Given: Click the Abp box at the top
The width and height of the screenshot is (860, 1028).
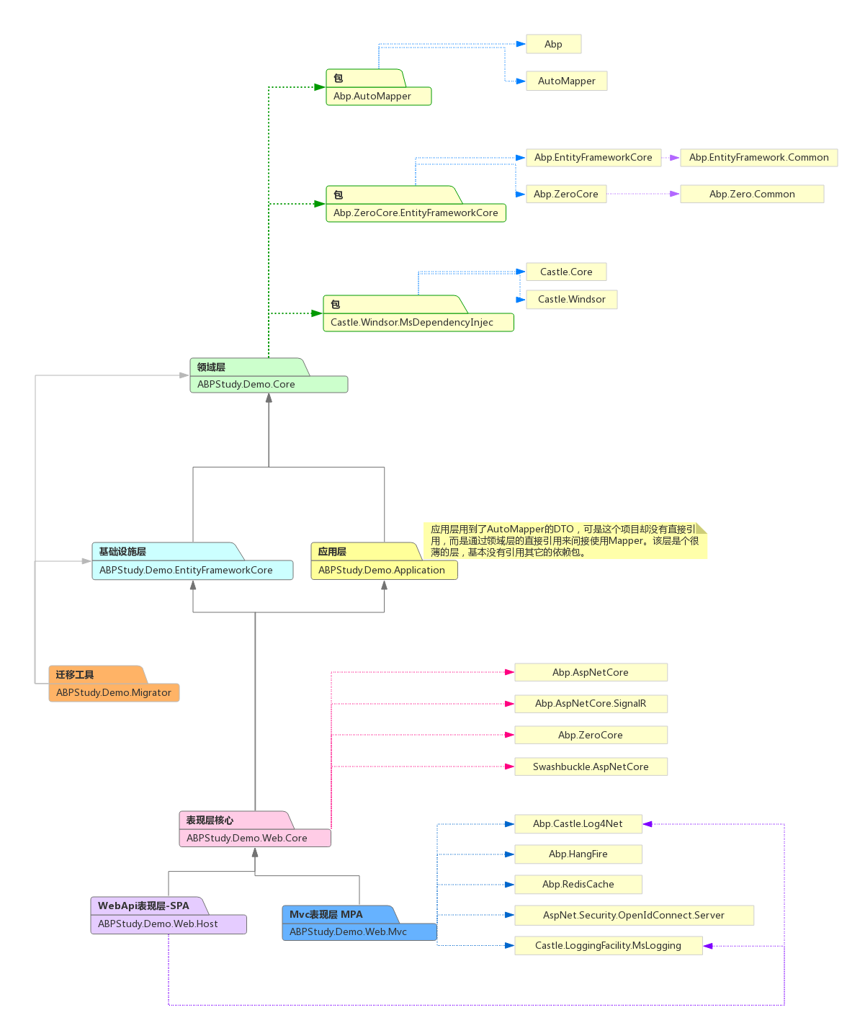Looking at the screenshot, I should tap(553, 44).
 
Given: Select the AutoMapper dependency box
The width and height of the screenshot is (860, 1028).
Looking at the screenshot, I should tap(566, 81).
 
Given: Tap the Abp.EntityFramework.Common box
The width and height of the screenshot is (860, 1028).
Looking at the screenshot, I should tap(758, 157).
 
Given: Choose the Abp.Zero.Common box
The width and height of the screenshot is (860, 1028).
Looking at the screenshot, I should tap(751, 194).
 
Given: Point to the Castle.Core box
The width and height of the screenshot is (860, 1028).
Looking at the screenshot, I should tap(566, 272).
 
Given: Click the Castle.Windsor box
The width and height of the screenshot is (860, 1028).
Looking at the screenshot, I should tap(571, 299).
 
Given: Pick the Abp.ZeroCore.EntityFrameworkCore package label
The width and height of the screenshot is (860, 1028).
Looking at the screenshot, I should tap(416, 213).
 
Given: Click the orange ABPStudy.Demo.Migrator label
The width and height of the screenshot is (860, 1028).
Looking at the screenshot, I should tap(114, 692).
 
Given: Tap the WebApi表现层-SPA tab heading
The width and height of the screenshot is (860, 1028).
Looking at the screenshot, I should tap(144, 906).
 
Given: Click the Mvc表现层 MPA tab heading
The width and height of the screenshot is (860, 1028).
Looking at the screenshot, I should tap(326, 914).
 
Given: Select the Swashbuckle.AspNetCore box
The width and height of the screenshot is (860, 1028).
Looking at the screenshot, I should tap(591, 766).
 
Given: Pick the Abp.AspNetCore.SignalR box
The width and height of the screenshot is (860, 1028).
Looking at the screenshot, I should tap(591, 703).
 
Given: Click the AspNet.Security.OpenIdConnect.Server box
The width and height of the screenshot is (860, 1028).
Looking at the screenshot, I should tap(633, 915).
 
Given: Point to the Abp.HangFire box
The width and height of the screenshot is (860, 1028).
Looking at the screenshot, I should tap(578, 854).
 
